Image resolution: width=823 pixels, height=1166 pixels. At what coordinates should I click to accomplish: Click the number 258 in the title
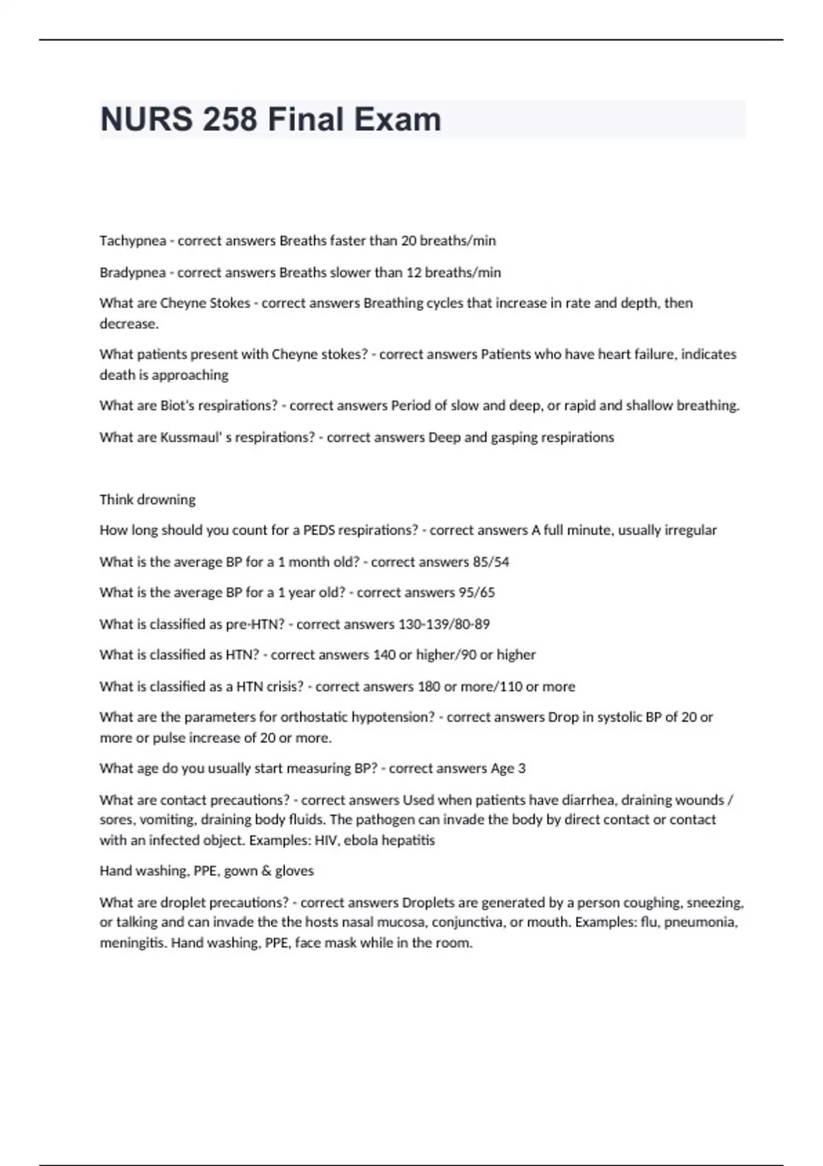click(x=229, y=119)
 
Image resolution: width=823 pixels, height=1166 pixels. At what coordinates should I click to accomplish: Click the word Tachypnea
click(x=132, y=241)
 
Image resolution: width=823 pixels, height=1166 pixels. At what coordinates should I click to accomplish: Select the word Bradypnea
click(x=132, y=272)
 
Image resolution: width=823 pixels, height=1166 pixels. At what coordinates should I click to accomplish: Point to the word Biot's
click(x=178, y=405)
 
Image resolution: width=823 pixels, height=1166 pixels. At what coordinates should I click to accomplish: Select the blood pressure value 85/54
click(x=491, y=562)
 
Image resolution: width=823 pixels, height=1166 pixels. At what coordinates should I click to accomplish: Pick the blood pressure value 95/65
click(x=477, y=592)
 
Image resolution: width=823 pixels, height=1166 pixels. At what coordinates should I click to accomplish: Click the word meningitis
click(x=133, y=943)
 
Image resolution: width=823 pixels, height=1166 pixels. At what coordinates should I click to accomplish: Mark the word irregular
click(x=691, y=530)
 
